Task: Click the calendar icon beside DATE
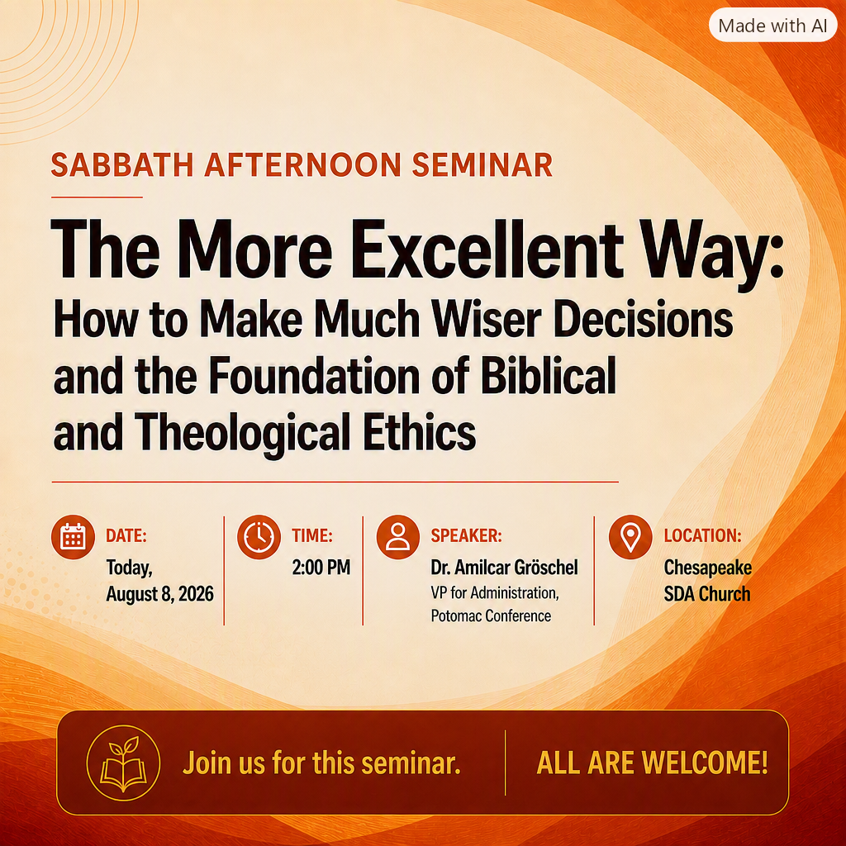pos(74,537)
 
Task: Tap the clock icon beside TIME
pos(259,537)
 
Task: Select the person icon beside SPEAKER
pos(398,537)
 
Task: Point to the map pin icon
pos(630,537)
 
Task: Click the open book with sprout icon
pos(124,763)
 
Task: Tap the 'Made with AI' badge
pos(772,26)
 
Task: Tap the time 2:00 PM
pos(321,568)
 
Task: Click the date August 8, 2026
pos(159,594)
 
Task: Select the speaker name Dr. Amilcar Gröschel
pos(505,568)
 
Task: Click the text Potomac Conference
pos(491,615)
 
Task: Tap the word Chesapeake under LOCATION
pos(708,568)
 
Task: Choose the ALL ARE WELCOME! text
pos(652,763)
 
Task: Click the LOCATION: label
pos(702,535)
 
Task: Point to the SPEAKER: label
pos(466,535)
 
